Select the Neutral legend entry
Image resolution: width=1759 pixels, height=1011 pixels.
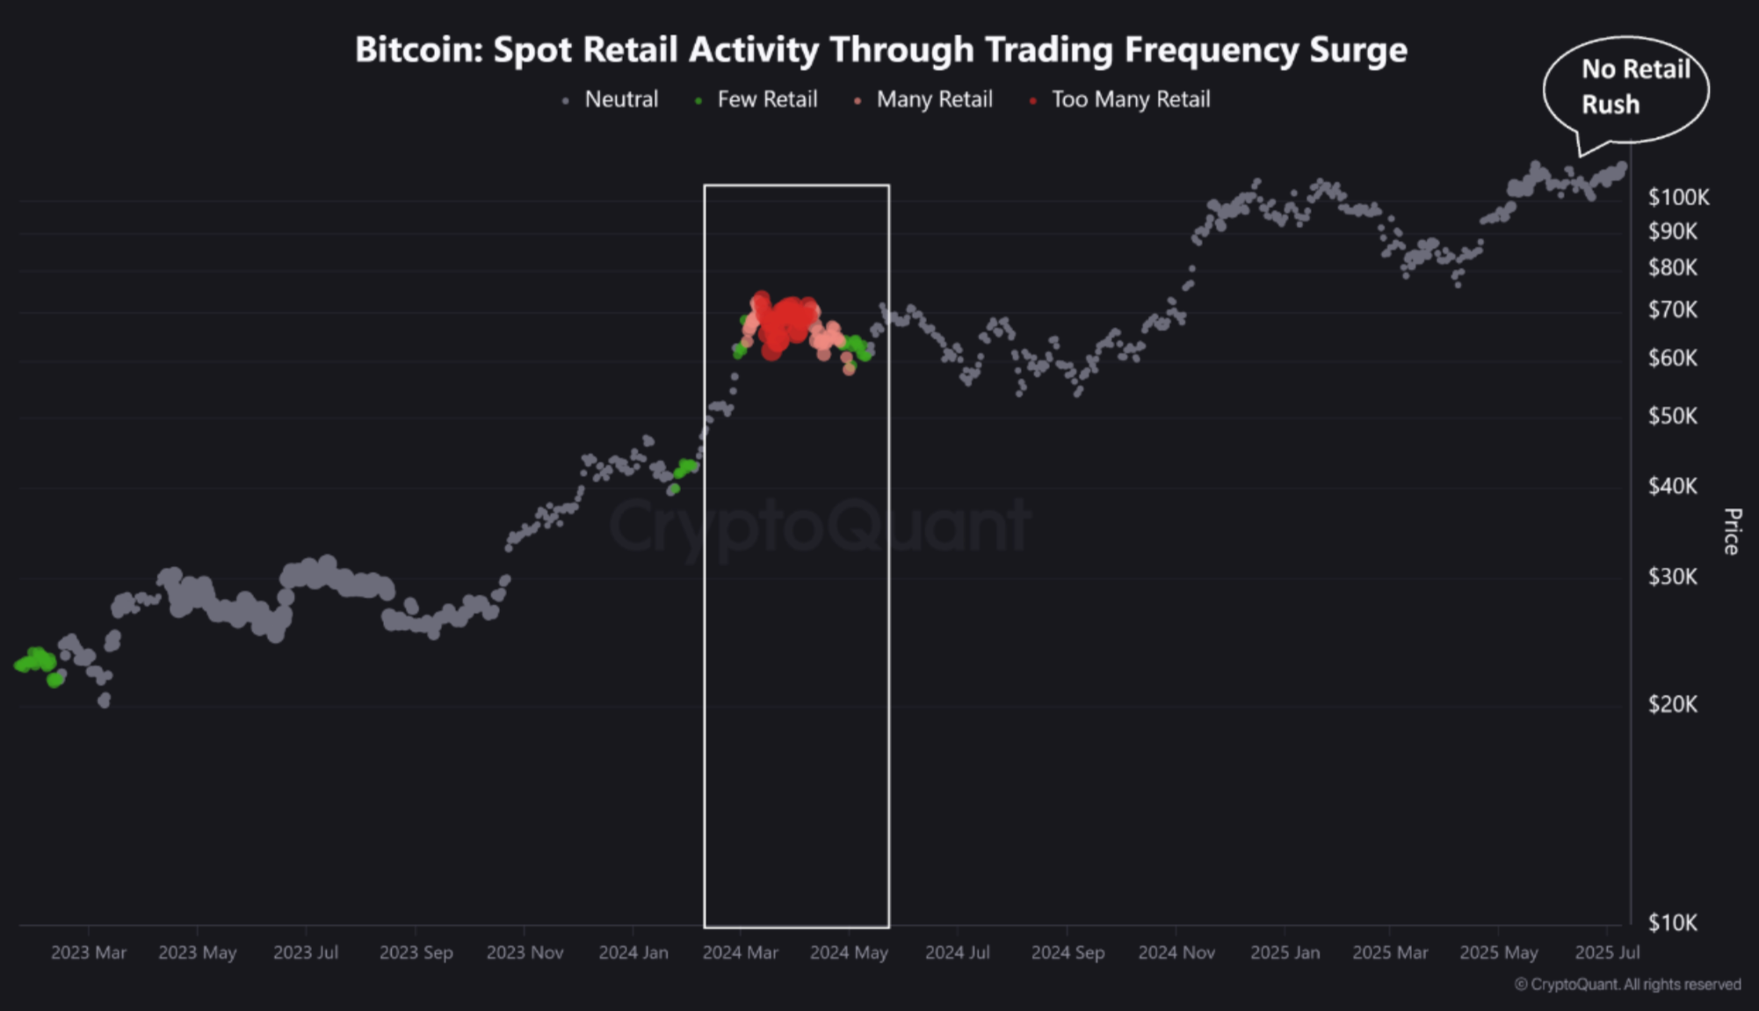(x=620, y=99)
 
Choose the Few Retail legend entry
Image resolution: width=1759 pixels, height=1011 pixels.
(x=766, y=99)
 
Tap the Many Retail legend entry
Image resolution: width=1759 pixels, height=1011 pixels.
(x=934, y=99)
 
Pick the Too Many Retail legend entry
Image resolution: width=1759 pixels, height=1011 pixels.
(x=1130, y=99)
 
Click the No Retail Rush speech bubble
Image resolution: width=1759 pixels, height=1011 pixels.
(x=1626, y=87)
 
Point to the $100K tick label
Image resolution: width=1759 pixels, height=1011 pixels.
(x=1678, y=197)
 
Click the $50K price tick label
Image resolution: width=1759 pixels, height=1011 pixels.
(x=1673, y=415)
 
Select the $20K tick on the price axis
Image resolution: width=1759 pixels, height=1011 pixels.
(x=1673, y=703)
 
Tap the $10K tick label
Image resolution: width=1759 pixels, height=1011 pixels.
(x=1673, y=922)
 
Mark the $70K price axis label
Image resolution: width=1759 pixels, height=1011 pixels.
(x=1673, y=309)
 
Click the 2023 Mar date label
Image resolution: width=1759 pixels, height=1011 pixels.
(x=89, y=952)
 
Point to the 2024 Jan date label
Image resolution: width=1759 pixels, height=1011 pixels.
(x=633, y=952)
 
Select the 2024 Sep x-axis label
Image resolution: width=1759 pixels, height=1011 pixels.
(x=1068, y=952)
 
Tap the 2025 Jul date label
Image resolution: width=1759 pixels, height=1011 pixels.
(x=1607, y=952)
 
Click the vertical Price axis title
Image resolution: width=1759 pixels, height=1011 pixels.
(x=1732, y=531)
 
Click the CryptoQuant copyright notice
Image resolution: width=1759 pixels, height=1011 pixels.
(x=1627, y=985)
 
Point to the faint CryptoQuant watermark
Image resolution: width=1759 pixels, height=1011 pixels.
(x=819, y=526)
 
